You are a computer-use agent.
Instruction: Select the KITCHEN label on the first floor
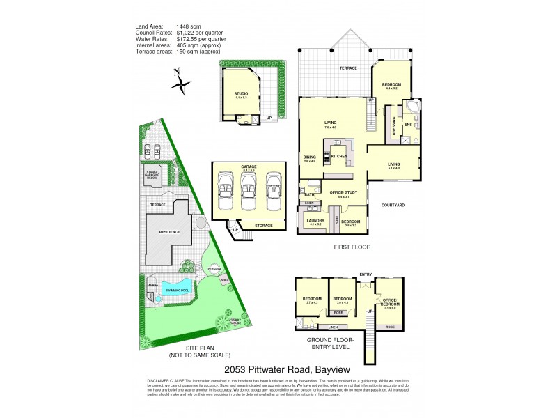(339, 156)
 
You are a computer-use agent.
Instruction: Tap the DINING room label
(310, 157)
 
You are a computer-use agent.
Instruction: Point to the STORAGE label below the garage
(263, 225)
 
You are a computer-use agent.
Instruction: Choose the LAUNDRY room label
(315, 220)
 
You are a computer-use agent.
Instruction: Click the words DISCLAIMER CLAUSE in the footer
(161, 382)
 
